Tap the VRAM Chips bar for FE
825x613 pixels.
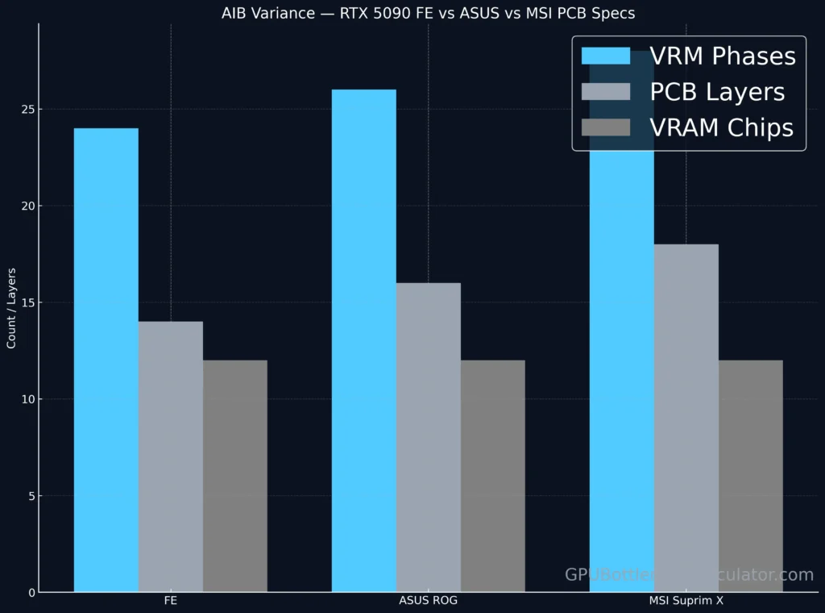(x=234, y=476)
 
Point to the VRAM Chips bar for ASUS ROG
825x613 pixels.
(x=492, y=476)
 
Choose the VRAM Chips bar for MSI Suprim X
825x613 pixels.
(x=750, y=476)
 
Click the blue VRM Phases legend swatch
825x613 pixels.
(x=605, y=56)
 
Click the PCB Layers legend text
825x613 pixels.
(x=717, y=92)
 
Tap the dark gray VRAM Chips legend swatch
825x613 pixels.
(x=605, y=127)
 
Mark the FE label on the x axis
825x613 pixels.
(x=170, y=602)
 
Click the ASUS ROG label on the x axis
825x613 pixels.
(x=428, y=602)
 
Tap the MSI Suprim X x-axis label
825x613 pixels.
(x=686, y=602)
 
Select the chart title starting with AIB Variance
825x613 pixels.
(x=428, y=13)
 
